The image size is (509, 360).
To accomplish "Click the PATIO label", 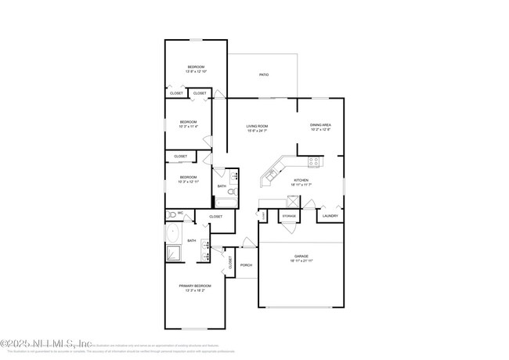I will [264, 74].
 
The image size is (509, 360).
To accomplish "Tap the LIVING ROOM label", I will [257, 125].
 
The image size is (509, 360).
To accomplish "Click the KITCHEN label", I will [301, 180].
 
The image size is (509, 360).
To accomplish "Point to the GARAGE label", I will [301, 255].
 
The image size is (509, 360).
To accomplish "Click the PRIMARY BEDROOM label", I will [195, 286].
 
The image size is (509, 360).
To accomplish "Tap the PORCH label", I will [247, 265].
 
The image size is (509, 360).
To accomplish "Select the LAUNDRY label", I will [330, 215].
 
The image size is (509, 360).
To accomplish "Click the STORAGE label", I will [289, 215].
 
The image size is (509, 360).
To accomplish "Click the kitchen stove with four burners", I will [313, 163].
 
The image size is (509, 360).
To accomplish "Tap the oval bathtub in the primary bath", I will [172, 232].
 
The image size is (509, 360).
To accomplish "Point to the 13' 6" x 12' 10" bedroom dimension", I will [195, 71].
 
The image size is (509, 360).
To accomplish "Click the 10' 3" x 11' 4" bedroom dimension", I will [188, 126].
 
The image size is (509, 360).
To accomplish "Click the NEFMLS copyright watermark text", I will [46, 343].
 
